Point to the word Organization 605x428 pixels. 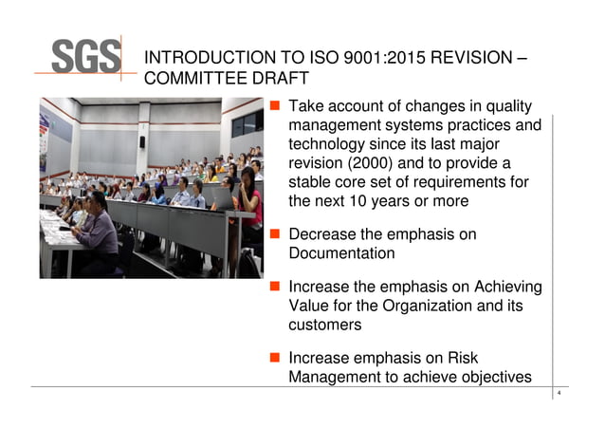click(431, 307)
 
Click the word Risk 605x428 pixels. click(461, 359)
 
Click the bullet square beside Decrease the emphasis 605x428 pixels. click(274, 234)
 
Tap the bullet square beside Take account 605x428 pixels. click(274, 106)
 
